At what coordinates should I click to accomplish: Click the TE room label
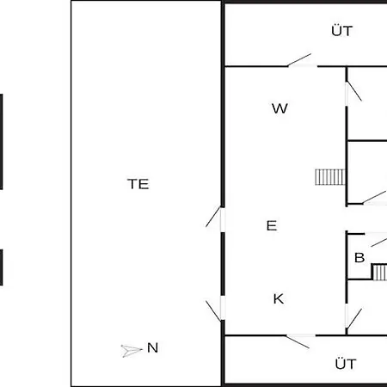138,184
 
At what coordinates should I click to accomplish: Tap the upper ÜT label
342,31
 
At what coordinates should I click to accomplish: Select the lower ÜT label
346,364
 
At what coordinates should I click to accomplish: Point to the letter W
279,108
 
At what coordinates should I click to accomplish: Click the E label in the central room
272,225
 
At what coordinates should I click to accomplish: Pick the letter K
279,299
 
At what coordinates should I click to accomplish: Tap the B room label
359,258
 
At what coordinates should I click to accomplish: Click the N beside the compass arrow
152,347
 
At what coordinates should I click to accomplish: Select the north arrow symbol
132,351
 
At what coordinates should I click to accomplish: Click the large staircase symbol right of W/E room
330,177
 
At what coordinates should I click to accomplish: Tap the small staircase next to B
379,272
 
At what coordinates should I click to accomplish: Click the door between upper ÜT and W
299,60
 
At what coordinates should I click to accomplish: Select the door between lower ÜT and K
298,341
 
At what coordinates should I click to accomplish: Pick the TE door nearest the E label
214,218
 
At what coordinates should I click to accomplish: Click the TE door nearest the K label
214,310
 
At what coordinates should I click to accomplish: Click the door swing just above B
379,242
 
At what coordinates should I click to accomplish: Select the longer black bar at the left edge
1,142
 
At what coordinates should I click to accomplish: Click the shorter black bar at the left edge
1,267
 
